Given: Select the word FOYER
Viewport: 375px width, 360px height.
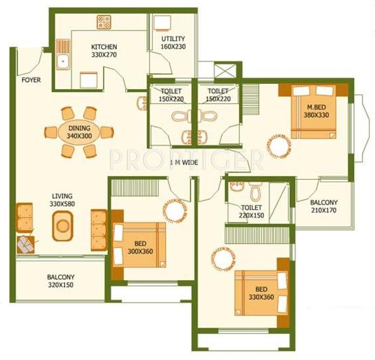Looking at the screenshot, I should point(31,80).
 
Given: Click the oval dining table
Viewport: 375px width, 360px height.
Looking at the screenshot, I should point(79,132).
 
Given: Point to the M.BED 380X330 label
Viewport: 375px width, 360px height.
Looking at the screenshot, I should point(314,110).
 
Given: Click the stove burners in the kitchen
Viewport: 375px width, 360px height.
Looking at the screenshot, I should point(103,22).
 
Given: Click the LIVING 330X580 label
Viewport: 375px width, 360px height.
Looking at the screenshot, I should point(62,200).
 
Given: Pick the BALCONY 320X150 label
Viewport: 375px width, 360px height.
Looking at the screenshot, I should point(60,281).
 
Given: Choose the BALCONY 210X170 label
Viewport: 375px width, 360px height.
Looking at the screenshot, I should point(324,206).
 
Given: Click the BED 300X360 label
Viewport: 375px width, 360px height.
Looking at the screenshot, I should point(140,247).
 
